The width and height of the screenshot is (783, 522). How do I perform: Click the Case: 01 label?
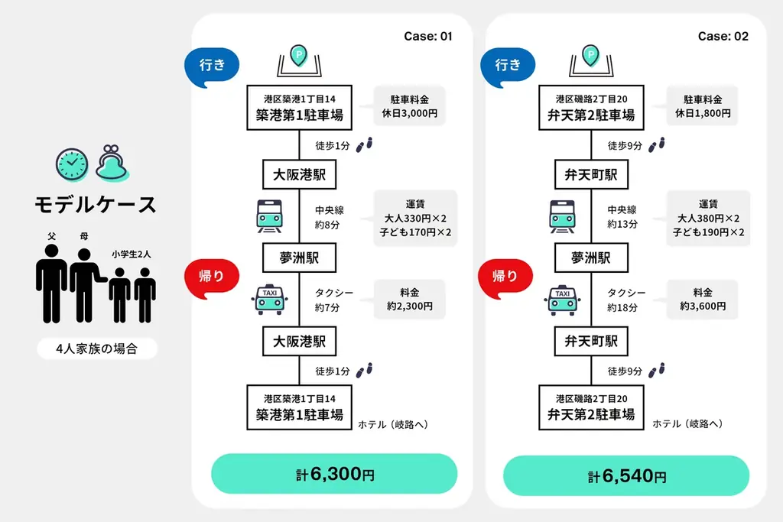tap(428, 36)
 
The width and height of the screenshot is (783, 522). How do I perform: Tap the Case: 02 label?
tap(723, 36)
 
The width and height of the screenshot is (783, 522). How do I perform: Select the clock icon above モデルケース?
tap(71, 162)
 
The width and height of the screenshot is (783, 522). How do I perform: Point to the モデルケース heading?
tap(96, 205)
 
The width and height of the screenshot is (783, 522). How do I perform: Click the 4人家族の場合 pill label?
tap(97, 349)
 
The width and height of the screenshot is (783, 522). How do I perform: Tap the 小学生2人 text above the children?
tap(131, 255)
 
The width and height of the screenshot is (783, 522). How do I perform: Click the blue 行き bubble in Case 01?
tap(213, 66)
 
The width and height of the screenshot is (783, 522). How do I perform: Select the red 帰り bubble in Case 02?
tap(505, 277)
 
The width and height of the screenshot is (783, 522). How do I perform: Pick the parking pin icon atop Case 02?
tap(590, 55)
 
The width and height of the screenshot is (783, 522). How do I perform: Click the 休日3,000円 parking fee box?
tap(410, 106)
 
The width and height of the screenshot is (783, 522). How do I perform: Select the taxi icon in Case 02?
tap(563, 299)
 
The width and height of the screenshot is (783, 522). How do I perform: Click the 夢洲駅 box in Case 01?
tap(299, 258)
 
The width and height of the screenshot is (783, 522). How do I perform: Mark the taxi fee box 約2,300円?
tap(410, 299)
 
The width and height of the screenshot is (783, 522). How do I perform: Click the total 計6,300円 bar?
tap(334, 474)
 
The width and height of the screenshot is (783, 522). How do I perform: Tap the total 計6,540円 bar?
tap(626, 476)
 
